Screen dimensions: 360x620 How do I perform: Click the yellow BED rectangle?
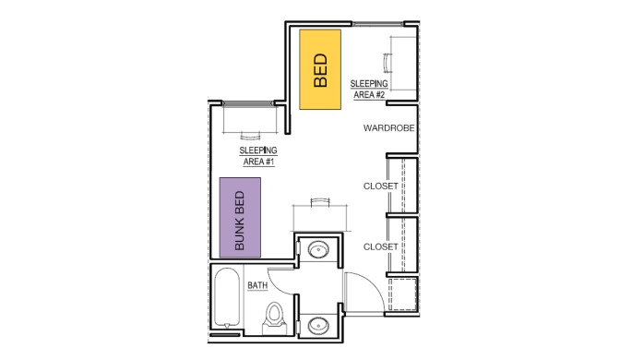click(321, 68)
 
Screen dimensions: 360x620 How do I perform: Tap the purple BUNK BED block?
click(240, 217)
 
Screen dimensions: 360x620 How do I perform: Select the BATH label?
click(256, 285)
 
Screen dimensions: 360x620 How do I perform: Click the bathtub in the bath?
click(227, 297)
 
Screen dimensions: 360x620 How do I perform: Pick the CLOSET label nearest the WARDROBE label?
click(380, 186)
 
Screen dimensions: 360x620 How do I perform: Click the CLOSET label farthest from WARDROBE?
click(380, 247)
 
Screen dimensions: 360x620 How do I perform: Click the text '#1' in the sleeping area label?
click(269, 162)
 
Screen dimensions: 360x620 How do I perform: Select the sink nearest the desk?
click(319, 250)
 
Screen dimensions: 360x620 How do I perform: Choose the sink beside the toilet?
click(319, 324)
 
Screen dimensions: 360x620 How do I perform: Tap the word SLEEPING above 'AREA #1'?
click(258, 150)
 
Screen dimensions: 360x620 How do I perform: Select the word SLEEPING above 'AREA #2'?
click(368, 83)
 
